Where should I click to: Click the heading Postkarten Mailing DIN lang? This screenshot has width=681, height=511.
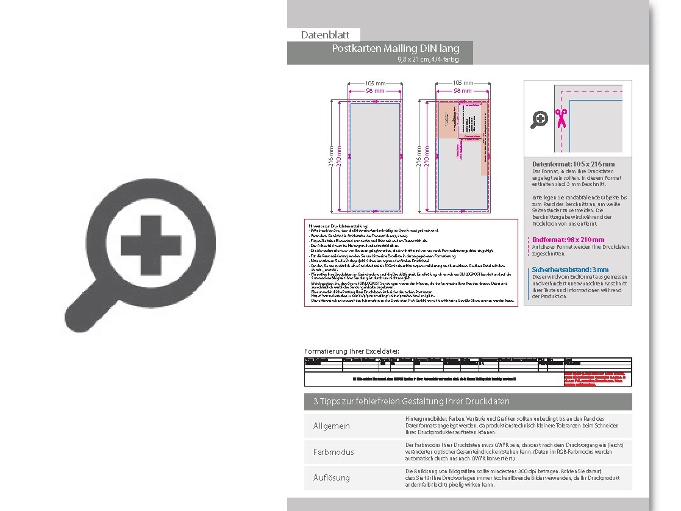coord(395,48)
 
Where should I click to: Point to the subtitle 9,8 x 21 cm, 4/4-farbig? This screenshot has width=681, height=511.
coord(427,59)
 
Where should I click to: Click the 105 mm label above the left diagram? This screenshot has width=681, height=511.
coord(375,83)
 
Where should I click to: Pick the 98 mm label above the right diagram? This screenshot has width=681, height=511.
coord(462,91)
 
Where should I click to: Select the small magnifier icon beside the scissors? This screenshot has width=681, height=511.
coord(539,120)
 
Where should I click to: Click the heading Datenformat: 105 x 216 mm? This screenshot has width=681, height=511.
coord(573,164)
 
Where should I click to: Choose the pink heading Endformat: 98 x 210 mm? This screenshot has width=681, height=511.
coord(568,240)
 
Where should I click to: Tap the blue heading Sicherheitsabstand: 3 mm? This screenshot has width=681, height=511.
coord(570,270)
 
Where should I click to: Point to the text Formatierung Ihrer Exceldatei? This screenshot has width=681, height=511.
coord(352,351)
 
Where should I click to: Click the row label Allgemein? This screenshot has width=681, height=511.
coord(332,426)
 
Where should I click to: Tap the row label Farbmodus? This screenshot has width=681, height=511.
coord(333,452)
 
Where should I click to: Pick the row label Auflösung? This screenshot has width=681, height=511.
coord(332,477)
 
